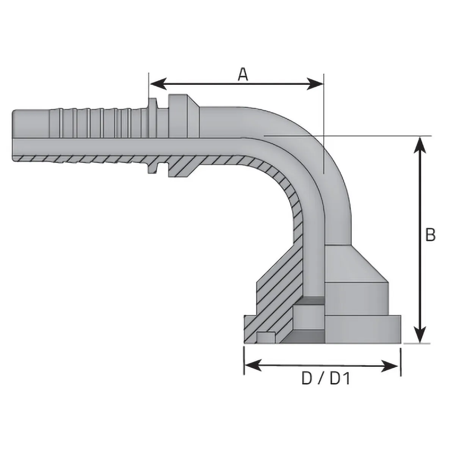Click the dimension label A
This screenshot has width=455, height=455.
pos(243,74)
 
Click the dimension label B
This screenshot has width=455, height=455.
pos(430,235)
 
